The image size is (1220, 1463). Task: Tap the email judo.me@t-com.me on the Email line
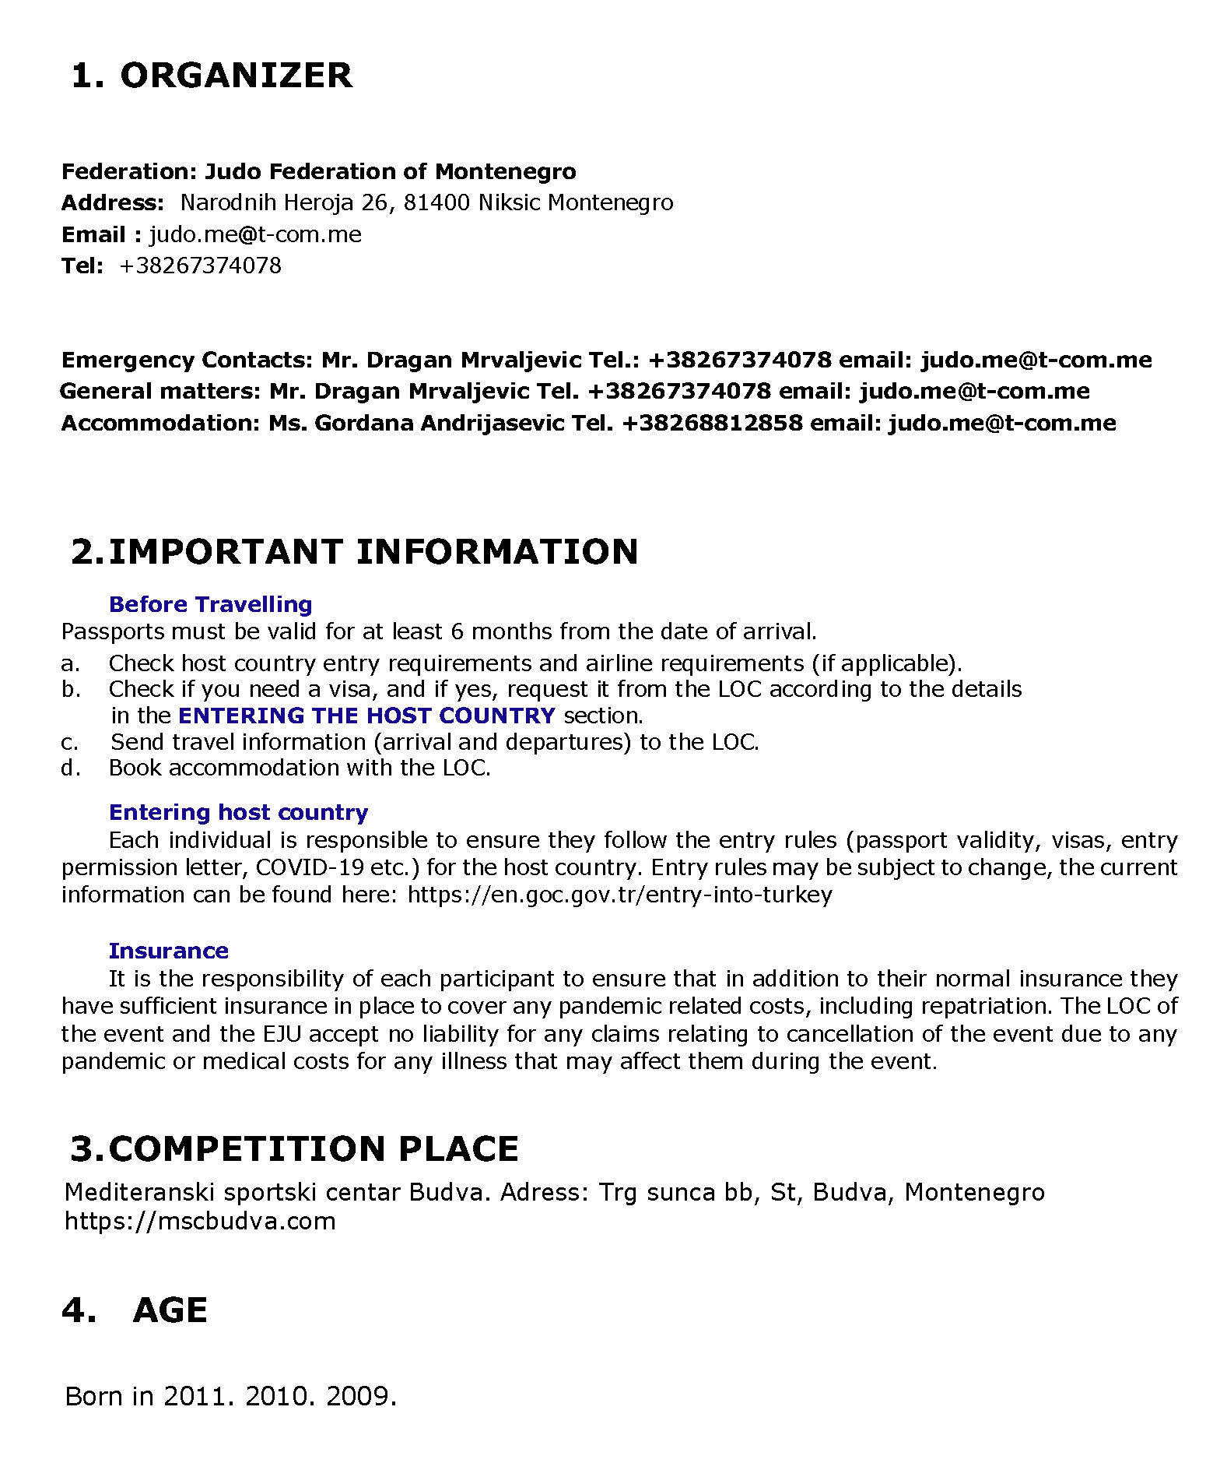pos(255,234)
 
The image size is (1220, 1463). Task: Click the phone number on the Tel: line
pos(200,266)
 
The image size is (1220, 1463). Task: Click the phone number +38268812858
pos(712,423)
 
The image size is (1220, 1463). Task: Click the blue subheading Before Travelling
pos(210,604)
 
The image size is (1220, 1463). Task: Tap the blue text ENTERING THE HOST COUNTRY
pos(366,716)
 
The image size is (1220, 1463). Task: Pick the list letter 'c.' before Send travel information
pos(70,742)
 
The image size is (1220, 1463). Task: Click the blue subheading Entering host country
pos(238,812)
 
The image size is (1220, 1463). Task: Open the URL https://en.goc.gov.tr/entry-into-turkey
pos(619,894)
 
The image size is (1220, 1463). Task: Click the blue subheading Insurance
pos(168,951)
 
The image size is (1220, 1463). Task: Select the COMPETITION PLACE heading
pos(294,1149)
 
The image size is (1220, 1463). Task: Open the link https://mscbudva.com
pos(200,1220)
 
